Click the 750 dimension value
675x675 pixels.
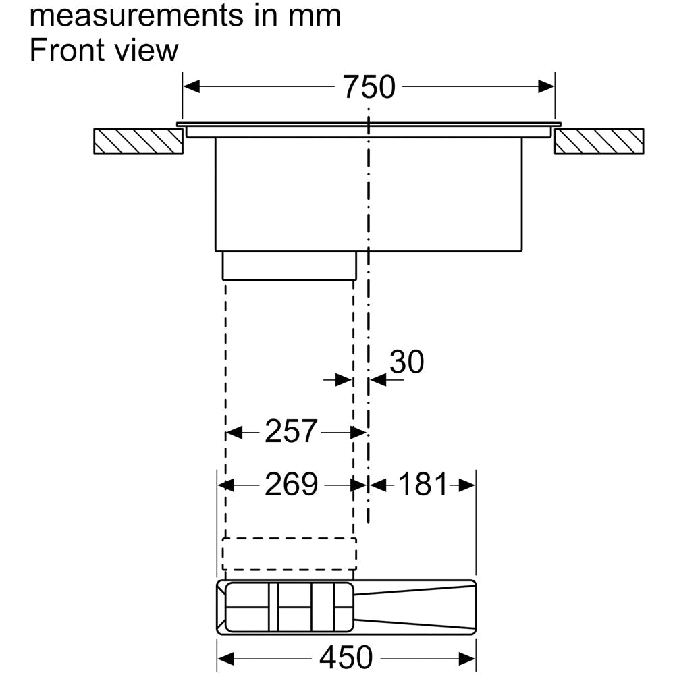369,86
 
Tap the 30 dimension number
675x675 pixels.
407,362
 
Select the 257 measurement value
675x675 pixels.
291,431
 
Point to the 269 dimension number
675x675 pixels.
291,484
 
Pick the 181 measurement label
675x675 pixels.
423,484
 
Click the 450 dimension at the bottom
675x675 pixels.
346,657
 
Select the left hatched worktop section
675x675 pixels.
138,141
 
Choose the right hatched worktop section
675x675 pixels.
599,141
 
